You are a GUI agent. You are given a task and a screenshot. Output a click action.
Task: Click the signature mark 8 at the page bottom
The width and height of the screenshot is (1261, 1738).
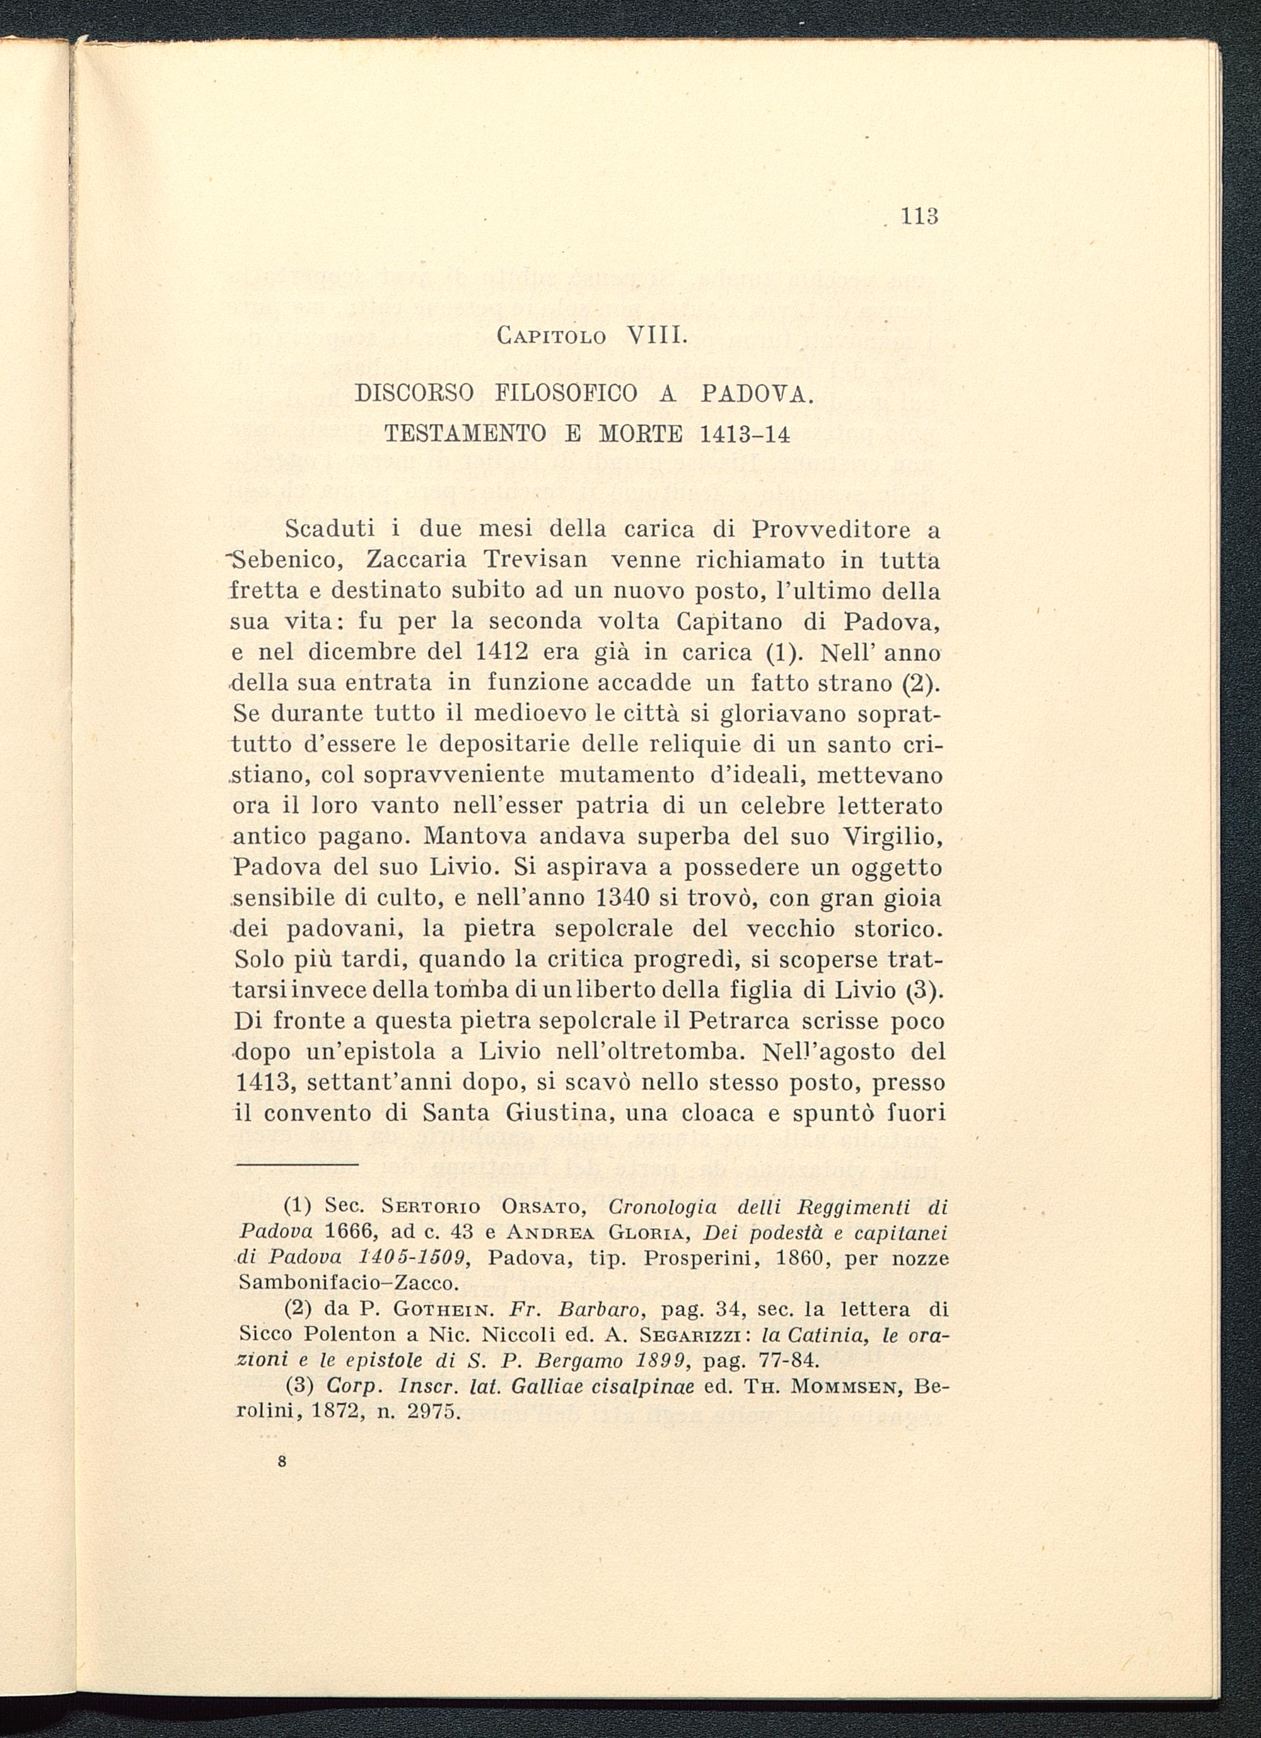(283, 1462)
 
